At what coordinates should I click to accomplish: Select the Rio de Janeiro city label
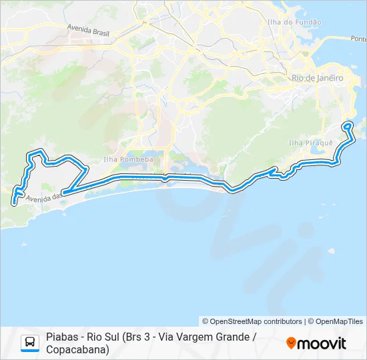click(x=317, y=78)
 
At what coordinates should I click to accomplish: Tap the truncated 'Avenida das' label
click(x=43, y=197)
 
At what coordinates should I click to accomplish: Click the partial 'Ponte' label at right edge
click(x=357, y=39)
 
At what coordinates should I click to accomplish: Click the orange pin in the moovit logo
click(x=291, y=343)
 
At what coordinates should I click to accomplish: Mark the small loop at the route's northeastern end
click(x=348, y=126)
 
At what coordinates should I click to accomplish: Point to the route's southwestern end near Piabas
click(x=15, y=197)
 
